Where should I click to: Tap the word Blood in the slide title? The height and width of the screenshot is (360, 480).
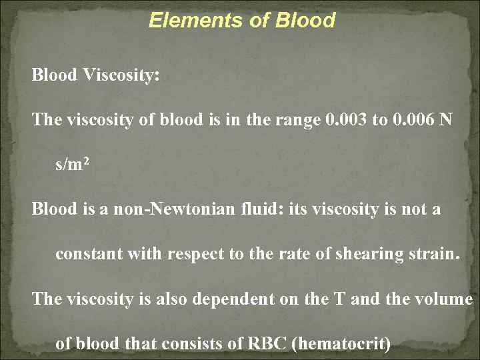(305, 21)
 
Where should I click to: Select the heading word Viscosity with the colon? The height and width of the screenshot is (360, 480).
(121, 75)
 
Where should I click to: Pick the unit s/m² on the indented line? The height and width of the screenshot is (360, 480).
(69, 164)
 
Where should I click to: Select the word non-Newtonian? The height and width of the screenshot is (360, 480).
(150, 209)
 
